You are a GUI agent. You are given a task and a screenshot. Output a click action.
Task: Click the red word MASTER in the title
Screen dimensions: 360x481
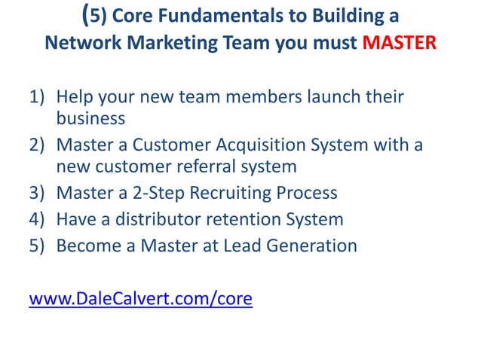(x=400, y=42)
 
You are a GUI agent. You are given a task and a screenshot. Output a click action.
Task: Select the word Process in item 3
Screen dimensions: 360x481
(x=306, y=193)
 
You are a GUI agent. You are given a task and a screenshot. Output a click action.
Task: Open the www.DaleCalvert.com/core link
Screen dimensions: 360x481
(x=140, y=300)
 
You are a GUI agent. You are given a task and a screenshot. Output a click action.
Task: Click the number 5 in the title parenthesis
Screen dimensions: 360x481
(x=93, y=16)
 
